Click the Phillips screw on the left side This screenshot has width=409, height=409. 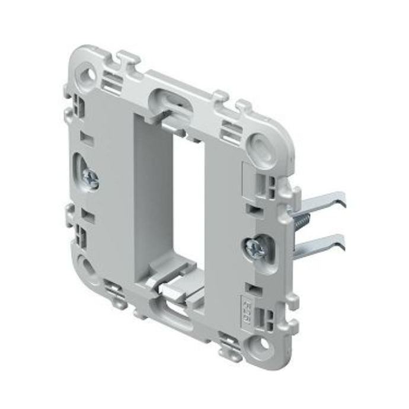tap(91, 177)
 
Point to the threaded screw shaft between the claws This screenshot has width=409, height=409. tap(301, 222)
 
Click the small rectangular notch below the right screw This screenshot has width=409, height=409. tap(254, 285)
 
